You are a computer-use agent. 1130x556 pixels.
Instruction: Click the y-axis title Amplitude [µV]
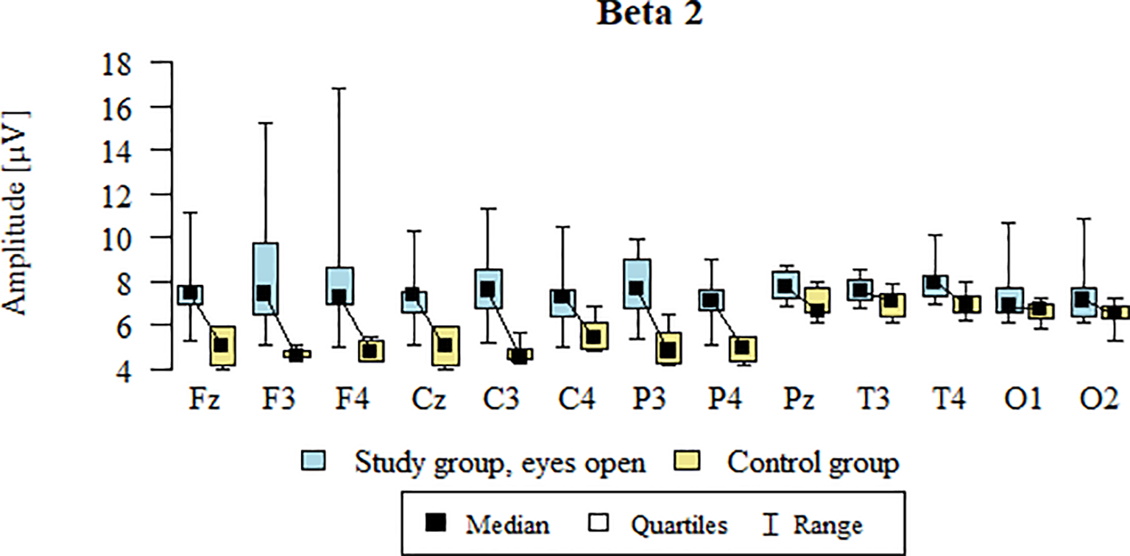(x=16, y=214)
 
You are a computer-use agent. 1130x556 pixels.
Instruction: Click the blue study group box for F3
(x=265, y=278)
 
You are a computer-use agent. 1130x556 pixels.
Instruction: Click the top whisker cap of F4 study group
(x=339, y=88)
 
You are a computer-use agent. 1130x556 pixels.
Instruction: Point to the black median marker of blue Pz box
(x=785, y=286)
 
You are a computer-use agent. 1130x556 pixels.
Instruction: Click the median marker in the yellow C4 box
(x=594, y=337)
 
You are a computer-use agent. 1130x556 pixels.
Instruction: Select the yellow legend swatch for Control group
(x=686, y=462)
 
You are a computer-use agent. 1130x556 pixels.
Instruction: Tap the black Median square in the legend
(x=437, y=524)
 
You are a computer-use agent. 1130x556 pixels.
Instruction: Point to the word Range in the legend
(x=827, y=525)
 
